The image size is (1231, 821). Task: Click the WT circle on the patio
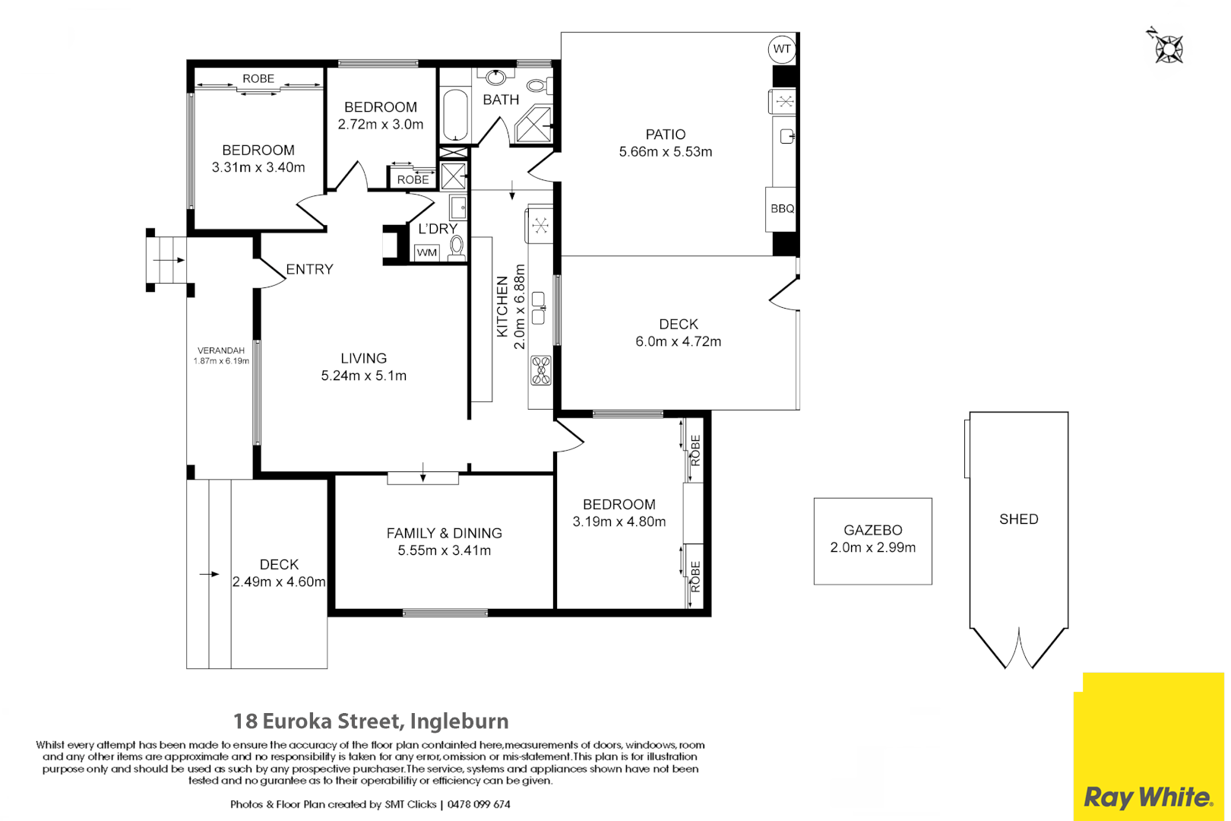781,49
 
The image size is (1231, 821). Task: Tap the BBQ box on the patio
781,209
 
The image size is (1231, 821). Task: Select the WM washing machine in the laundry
426,252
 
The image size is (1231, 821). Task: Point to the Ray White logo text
1148,797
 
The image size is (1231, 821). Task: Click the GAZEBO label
872,530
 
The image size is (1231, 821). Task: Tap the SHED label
1018,519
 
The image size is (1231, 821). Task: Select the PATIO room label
666,135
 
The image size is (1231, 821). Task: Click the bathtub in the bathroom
455,115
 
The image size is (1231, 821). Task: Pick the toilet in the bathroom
539,85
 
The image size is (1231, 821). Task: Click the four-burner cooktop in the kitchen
541,370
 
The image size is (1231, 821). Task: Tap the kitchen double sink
538,308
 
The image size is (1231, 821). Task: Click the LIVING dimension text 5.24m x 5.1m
364,376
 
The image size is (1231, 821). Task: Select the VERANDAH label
221,350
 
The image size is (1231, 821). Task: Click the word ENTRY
309,269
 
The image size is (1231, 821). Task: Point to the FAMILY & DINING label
444,533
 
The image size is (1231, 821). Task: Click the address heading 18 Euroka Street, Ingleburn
371,721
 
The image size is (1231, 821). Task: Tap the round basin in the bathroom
496,77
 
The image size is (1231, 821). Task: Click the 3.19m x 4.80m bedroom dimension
619,521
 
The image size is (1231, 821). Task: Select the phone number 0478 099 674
479,804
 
